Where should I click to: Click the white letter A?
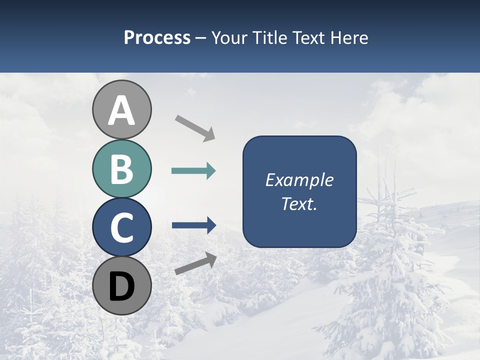point(121,111)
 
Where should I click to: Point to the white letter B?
point(121,169)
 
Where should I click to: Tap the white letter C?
point(121,228)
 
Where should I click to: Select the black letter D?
point(121,286)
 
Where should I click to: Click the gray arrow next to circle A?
point(195,127)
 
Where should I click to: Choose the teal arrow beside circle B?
point(193,171)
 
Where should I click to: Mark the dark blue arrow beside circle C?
point(193,225)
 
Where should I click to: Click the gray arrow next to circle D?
point(195,263)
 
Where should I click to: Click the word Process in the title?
point(157,38)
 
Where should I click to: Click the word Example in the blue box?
point(299,180)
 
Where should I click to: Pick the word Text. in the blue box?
point(299,204)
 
